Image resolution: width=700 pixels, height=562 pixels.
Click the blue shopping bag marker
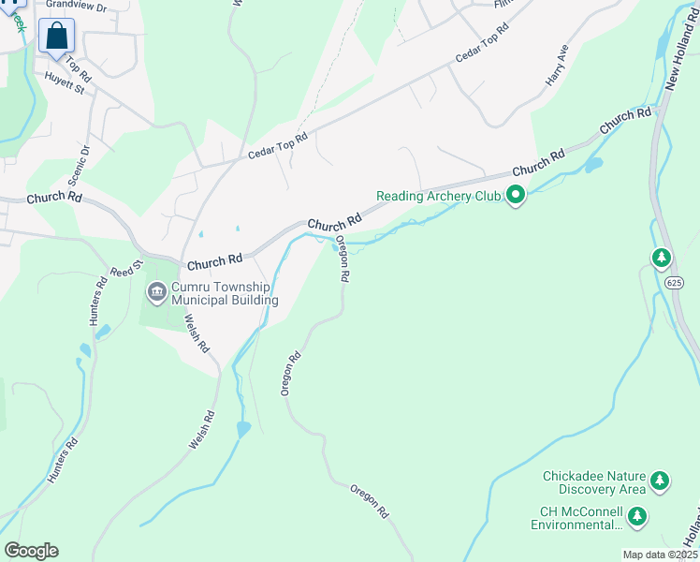(x=56, y=37)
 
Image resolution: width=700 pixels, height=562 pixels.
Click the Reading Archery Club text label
(x=438, y=196)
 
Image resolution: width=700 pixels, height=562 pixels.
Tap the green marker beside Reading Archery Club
(x=515, y=196)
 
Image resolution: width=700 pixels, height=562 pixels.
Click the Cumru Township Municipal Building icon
(x=155, y=293)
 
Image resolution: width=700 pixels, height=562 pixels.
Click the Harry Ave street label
(x=558, y=67)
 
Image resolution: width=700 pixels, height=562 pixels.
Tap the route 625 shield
(x=675, y=282)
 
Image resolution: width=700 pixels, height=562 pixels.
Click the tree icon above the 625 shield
(x=662, y=257)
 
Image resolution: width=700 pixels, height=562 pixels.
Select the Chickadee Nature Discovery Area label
(x=594, y=482)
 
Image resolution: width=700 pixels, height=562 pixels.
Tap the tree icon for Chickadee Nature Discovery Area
(x=661, y=481)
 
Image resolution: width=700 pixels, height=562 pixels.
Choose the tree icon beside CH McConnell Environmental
(x=637, y=516)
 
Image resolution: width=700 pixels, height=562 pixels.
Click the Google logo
(x=31, y=551)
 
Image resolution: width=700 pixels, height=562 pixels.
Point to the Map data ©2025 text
(x=661, y=555)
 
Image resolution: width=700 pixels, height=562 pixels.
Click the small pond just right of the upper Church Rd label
(x=592, y=165)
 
